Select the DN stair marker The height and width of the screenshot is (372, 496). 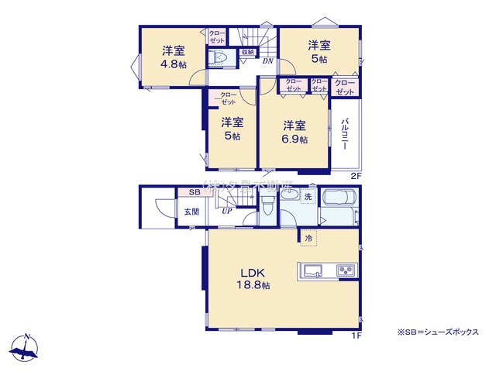pyautogui.click(x=267, y=60)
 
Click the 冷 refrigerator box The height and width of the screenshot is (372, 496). pyautogui.click(x=308, y=238)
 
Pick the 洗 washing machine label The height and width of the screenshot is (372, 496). pyautogui.click(x=307, y=198)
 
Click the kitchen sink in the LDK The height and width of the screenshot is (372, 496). pyautogui.click(x=314, y=270)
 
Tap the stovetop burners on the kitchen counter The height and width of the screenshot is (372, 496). pyautogui.click(x=345, y=270)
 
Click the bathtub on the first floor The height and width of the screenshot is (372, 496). pyautogui.click(x=338, y=203)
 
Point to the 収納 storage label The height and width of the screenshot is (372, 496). pyautogui.click(x=247, y=52)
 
